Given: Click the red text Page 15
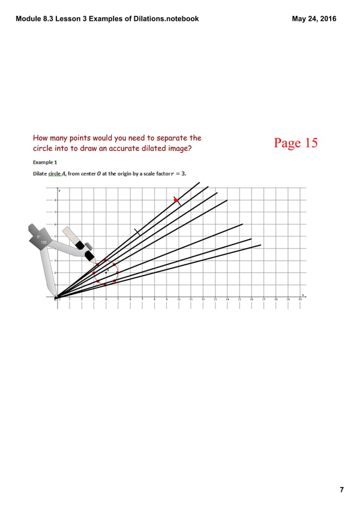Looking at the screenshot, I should coord(296,143).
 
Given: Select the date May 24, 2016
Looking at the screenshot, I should coord(314,19).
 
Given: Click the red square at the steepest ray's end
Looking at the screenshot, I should coord(177,200).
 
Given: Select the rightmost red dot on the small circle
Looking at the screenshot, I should coord(118,272).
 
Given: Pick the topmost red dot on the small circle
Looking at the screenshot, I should coord(106,260).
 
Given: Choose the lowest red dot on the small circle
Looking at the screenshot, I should coord(106,285).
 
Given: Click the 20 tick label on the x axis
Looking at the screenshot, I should coord(300,300).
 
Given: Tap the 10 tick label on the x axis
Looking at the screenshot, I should coord(179,300).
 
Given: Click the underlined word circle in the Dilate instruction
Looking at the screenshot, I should coord(56,173).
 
